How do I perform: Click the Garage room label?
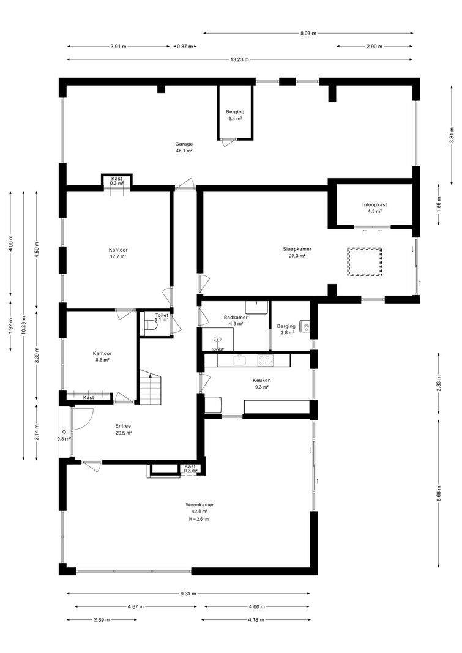point(184,144)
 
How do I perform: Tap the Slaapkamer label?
point(297,249)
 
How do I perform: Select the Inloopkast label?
point(374,204)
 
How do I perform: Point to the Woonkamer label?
point(199,505)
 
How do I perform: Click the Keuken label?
point(262,380)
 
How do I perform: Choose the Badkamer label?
point(236,318)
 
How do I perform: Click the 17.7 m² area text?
point(118,256)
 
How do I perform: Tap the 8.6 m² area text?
point(102,360)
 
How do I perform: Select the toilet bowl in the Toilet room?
point(151,327)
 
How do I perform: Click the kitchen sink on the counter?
point(239,360)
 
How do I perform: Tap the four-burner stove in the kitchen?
point(265,360)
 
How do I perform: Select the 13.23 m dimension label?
point(240,59)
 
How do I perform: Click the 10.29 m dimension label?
point(24,325)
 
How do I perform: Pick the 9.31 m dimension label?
point(188,594)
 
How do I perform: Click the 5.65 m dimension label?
point(439,493)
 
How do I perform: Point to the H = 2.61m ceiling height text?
point(198,520)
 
